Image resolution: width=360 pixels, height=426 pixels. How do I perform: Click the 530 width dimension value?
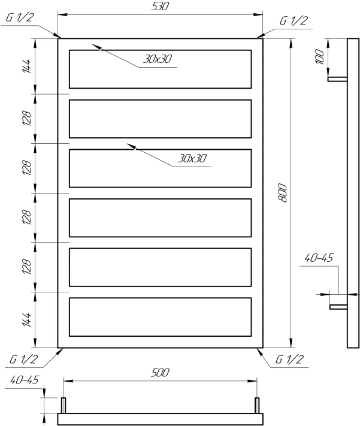pos(160,6)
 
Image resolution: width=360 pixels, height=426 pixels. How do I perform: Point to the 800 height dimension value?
pos(283,193)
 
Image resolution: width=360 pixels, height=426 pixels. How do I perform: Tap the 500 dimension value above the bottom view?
pos(160,373)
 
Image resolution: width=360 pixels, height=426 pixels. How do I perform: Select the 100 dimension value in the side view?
pos(320,57)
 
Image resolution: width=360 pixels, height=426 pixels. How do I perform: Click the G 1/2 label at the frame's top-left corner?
pos(20,17)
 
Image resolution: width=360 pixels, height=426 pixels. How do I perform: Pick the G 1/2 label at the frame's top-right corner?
pos(294,20)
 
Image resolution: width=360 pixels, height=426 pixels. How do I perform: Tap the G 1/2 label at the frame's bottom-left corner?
pos(23,359)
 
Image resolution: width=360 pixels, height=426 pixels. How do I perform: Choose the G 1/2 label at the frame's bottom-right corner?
pos(289,359)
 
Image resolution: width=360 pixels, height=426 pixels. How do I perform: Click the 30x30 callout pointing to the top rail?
pos(158,59)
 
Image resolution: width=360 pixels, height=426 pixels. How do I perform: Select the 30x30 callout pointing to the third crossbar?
pos(192,158)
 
